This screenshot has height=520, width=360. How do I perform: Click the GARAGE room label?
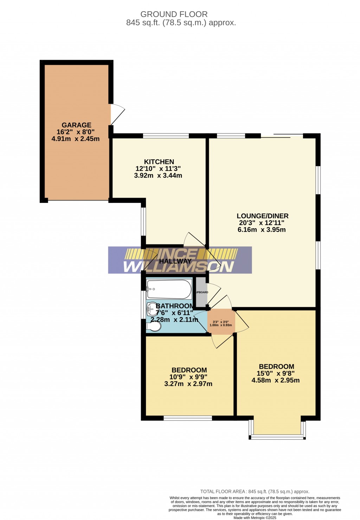tap(76, 125)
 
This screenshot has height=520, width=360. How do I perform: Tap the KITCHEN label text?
tap(159, 162)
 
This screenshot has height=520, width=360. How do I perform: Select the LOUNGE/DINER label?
tap(262, 216)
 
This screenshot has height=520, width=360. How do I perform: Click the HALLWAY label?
tap(175, 261)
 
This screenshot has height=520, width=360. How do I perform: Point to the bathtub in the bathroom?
tap(169, 289)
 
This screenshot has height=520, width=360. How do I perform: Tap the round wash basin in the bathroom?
tap(153, 309)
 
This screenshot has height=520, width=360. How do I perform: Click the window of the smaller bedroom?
tap(188, 418)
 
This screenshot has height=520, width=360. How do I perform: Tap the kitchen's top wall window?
tap(166, 136)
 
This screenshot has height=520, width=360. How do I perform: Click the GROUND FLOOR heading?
tap(174, 14)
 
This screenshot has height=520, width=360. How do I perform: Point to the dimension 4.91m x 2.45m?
tap(76, 139)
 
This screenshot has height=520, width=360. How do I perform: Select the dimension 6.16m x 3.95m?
tap(262, 230)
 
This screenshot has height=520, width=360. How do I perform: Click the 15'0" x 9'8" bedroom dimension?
tap(276, 373)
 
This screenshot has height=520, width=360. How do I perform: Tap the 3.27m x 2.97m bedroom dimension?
tap(188, 384)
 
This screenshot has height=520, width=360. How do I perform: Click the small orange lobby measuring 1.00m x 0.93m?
tap(221, 322)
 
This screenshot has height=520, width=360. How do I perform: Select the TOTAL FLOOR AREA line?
tap(255, 492)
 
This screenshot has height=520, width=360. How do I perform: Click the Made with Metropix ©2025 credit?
tap(255, 518)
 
